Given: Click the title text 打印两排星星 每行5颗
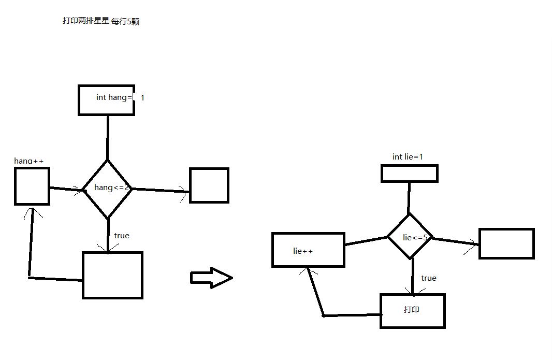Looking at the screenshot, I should pyautogui.click(x=100, y=22).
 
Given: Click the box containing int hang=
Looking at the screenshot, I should pyautogui.click(x=106, y=99).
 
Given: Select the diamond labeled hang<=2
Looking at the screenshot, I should pyautogui.click(x=108, y=188).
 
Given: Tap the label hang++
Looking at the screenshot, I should pyautogui.click(x=29, y=161).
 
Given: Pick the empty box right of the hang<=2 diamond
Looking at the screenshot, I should pyautogui.click(x=209, y=185).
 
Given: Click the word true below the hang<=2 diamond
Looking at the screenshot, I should pyautogui.click(x=122, y=236).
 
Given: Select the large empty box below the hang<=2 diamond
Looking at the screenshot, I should pyautogui.click(x=112, y=275).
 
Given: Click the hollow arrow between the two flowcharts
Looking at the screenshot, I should pyautogui.click(x=211, y=278).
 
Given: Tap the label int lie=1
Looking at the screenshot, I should pyautogui.click(x=408, y=156).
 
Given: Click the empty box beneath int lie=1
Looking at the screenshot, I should pyautogui.click(x=410, y=174).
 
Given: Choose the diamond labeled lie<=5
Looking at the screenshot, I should pyautogui.click(x=410, y=237).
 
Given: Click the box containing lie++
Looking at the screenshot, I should pyautogui.click(x=308, y=250).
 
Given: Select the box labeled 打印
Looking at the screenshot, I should pyautogui.click(x=412, y=311).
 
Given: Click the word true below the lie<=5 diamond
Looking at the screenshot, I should pyautogui.click(x=429, y=278).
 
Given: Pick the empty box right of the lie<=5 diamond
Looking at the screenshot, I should pyautogui.click(x=506, y=243).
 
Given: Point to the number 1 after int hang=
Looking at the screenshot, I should pyautogui.click(x=142, y=97).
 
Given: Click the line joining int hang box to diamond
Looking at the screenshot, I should pyautogui.click(x=108, y=137).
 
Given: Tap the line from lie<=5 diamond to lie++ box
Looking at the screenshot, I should pyautogui.click(x=366, y=241).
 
